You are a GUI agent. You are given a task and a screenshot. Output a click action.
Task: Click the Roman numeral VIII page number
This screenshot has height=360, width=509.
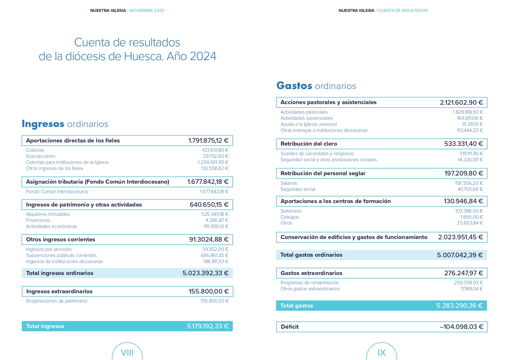tap(127, 353)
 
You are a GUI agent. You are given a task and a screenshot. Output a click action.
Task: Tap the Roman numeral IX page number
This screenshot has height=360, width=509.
tap(381, 353)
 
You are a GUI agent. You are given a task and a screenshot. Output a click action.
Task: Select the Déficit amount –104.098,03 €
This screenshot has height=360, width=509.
tap(461, 327)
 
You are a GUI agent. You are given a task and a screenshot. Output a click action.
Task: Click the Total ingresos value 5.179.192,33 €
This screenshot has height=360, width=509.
tap(208, 326)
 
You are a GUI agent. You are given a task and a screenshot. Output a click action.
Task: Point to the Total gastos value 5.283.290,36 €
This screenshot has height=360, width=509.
tap(459, 306)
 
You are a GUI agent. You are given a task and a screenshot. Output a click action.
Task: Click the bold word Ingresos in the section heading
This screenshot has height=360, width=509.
tap(43, 124)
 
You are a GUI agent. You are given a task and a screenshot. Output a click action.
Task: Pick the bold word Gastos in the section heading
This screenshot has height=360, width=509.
tap(294, 86)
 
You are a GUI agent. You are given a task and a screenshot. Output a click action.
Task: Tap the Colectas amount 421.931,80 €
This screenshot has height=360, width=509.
tap(215, 150)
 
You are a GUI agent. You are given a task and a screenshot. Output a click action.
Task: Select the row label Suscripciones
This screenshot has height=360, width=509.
tap(41, 156)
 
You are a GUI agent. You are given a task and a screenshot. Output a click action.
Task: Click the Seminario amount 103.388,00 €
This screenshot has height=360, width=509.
tap(469, 211)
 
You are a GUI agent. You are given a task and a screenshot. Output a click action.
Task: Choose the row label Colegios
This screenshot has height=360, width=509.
tap(290, 217)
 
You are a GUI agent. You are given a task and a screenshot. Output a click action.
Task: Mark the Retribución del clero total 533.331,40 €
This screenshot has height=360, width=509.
tap(463, 144)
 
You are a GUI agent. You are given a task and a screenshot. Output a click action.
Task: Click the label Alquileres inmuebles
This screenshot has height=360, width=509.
tap(48, 214)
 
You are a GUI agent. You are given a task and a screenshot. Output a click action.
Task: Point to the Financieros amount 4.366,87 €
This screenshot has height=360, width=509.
tap(217, 220)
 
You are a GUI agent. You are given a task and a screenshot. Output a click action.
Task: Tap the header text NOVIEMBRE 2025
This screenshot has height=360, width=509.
tap(147, 10)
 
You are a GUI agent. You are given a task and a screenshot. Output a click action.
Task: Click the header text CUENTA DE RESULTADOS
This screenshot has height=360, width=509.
tap(402, 10)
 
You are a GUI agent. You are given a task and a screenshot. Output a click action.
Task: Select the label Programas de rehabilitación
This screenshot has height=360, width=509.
tap(310, 283)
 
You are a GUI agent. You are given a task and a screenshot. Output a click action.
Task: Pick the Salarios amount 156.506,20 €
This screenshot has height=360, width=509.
tap(469, 183)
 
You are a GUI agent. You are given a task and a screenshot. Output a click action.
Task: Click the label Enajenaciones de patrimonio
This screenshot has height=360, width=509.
tap(57, 301)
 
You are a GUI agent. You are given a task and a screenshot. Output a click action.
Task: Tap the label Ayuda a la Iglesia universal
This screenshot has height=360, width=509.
tap(309, 124)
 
